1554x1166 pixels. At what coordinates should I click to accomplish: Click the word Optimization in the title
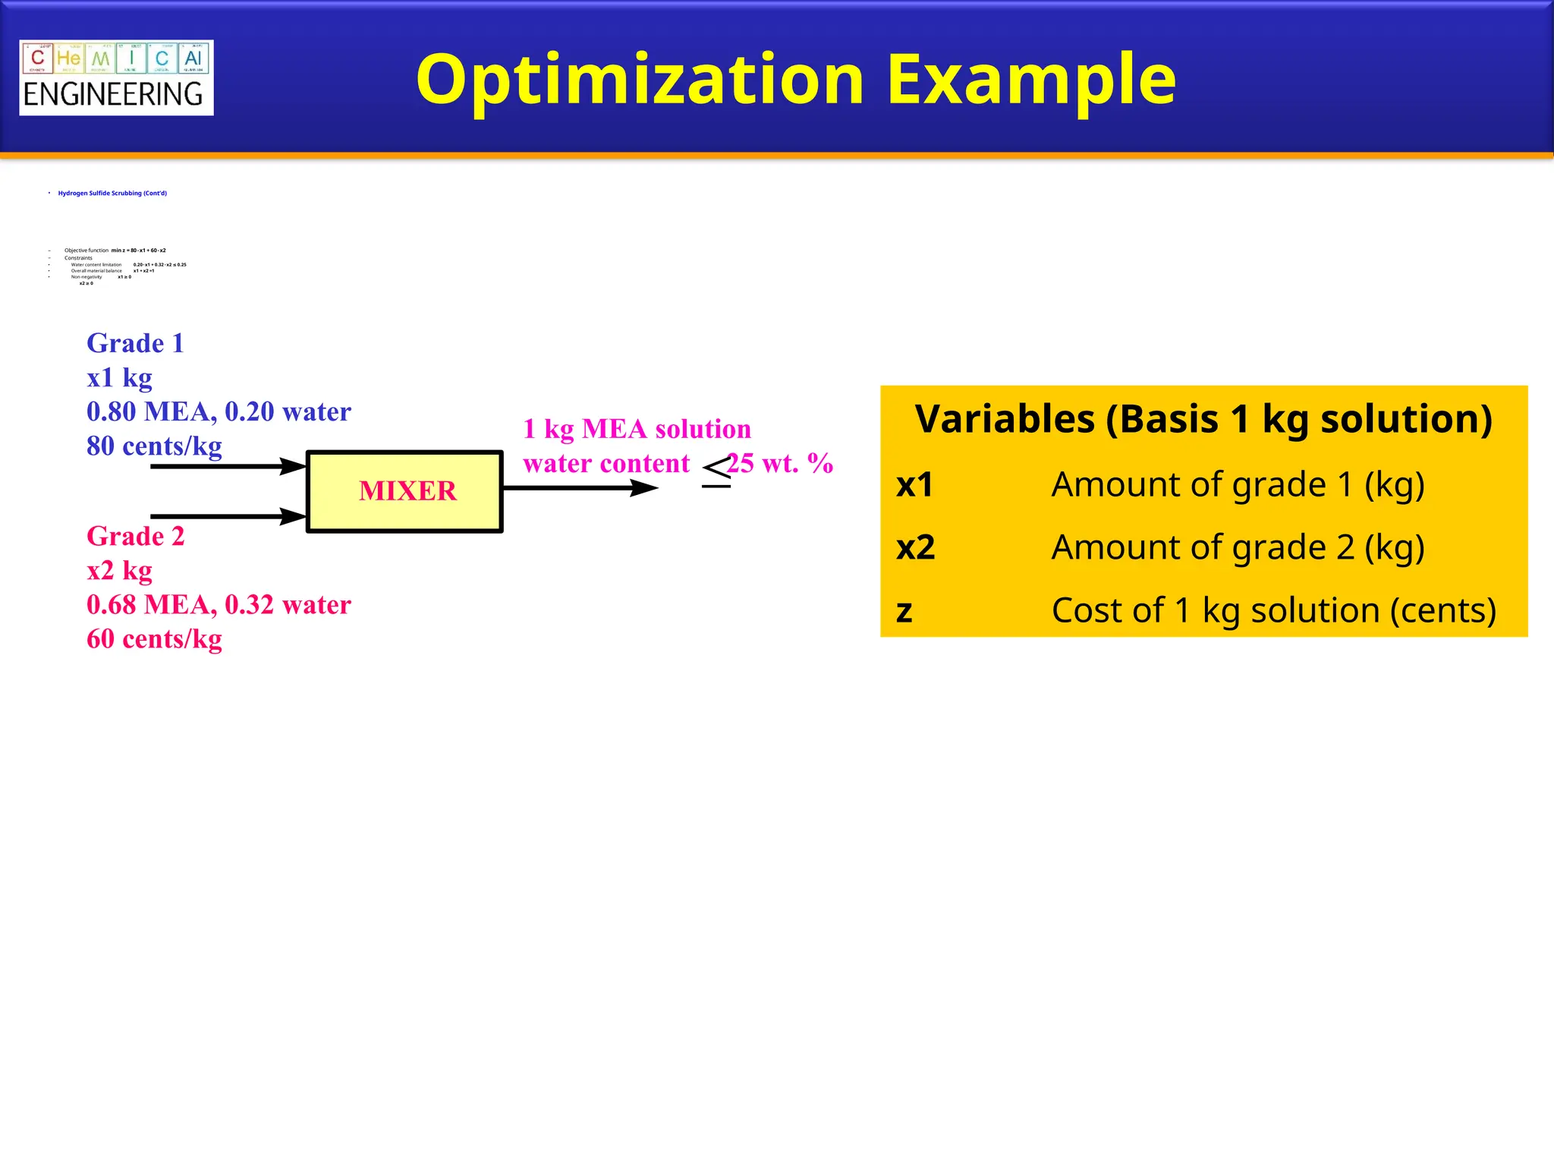point(640,80)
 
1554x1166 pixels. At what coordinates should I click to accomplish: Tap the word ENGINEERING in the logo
point(113,95)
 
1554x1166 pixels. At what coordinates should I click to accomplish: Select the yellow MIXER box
point(404,491)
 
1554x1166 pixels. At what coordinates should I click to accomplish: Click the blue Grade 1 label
point(135,343)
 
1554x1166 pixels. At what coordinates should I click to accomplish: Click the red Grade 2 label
point(135,536)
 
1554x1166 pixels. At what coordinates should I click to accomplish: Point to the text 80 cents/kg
point(154,446)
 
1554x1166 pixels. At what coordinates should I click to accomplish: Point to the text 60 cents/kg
point(154,638)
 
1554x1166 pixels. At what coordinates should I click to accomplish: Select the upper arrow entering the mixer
point(228,466)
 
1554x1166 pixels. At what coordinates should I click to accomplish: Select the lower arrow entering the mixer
point(228,516)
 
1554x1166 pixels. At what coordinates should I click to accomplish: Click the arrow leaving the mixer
point(580,488)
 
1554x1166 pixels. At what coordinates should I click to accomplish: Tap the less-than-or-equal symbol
point(716,471)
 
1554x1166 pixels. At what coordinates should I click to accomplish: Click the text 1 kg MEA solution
point(637,429)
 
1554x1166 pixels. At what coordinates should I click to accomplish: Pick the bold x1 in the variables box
point(914,485)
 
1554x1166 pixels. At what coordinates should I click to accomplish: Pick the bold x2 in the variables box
point(915,548)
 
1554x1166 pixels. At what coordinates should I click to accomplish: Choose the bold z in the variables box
point(904,611)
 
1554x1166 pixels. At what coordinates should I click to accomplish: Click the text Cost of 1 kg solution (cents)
point(1273,610)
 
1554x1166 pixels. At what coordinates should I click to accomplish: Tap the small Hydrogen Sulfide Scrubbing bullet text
point(112,194)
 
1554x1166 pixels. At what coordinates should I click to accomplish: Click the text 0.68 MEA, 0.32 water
point(219,604)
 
